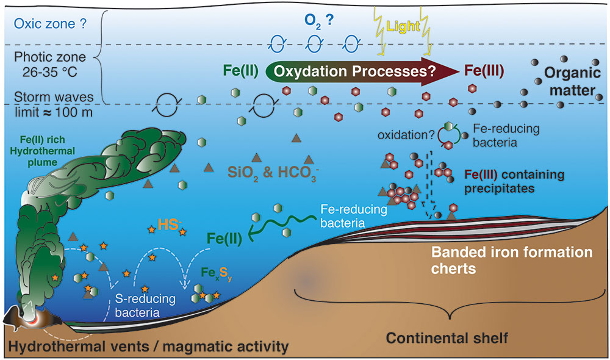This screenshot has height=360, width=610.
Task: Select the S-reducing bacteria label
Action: (145, 305)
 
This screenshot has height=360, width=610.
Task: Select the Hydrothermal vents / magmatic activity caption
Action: (147, 348)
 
